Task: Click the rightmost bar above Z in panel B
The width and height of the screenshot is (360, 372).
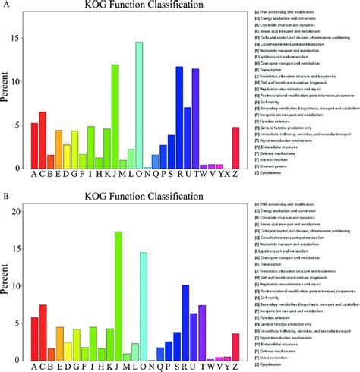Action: pyautogui.click(x=235, y=346)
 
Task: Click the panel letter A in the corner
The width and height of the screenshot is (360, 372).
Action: pyautogui.click(x=5, y=5)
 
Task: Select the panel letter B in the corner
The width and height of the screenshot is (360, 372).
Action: pyautogui.click(x=5, y=194)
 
